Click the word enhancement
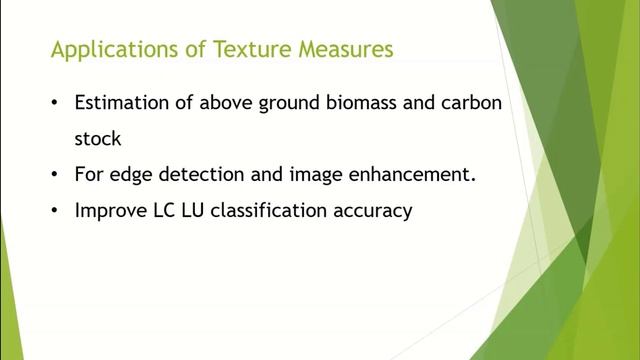pyautogui.click(x=418, y=174)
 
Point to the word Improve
pyautogui.click(x=109, y=210)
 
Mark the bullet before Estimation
pyautogui.click(x=53, y=104)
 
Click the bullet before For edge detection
pyautogui.click(x=53, y=174)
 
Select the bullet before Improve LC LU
pyautogui.click(x=53, y=210)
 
